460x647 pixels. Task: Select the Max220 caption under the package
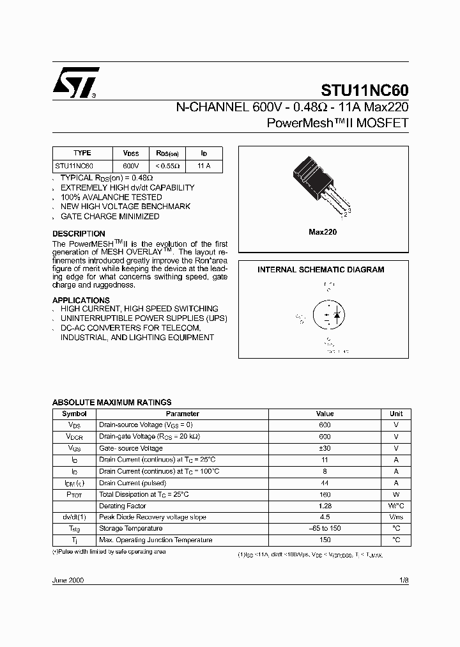click(323, 232)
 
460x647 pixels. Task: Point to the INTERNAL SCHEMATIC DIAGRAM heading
click(321, 270)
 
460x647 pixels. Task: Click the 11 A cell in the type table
click(204, 166)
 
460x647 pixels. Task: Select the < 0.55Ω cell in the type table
click(167, 166)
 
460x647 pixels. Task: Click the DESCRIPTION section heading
click(79, 234)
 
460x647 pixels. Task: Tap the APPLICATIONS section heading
click(81, 300)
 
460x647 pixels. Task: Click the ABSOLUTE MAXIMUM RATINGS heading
click(111, 402)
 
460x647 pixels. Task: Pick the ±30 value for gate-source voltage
click(325, 448)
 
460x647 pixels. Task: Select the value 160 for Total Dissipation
click(325, 494)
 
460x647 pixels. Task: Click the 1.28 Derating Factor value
click(325, 506)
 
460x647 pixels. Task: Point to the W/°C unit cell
click(395, 506)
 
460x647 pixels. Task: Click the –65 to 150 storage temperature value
click(325, 529)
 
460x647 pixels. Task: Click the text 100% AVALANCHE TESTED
click(111, 197)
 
